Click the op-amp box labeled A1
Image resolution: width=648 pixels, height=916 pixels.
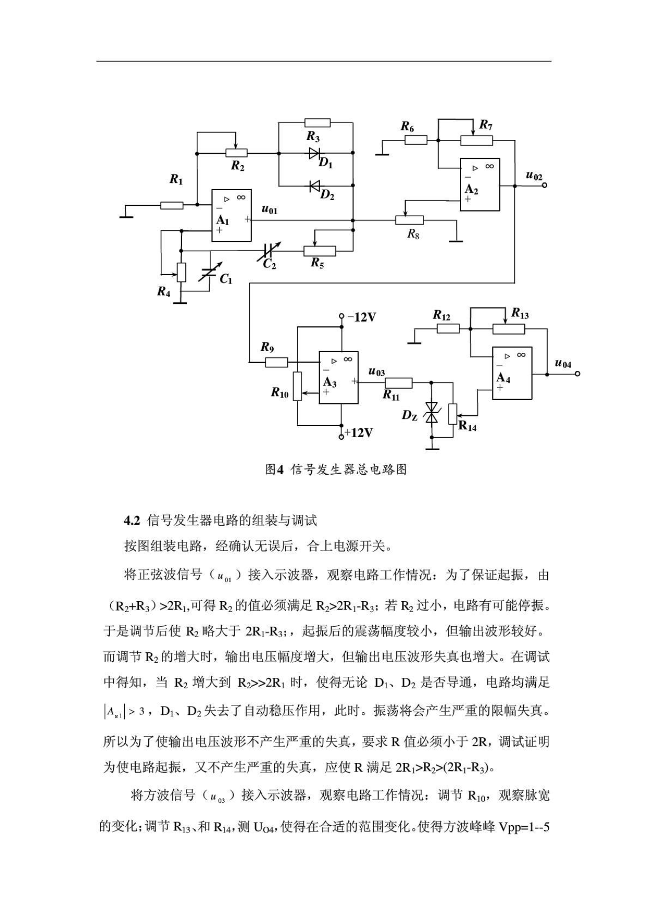(231, 216)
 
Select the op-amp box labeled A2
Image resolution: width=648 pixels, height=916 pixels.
(480, 185)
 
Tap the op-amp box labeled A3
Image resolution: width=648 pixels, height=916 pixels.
(339, 378)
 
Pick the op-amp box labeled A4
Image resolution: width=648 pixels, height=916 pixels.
(512, 373)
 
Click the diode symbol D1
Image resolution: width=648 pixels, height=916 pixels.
(314, 153)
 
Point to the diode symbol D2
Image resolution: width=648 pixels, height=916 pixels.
(314, 185)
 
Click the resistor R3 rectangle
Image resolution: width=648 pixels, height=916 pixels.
(317, 123)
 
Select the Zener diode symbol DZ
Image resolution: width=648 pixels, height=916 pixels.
(432, 413)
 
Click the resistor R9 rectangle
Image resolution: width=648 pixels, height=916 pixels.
(276, 362)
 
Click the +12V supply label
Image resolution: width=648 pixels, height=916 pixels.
(360, 433)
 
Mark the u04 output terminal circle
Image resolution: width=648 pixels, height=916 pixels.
(577, 374)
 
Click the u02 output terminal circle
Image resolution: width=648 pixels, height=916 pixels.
(545, 185)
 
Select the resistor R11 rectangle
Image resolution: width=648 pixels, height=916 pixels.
(399, 383)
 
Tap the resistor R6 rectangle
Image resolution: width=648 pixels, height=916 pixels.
(416, 140)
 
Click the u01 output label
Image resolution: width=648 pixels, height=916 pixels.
(269, 210)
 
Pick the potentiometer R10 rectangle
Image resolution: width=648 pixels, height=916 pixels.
(297, 386)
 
